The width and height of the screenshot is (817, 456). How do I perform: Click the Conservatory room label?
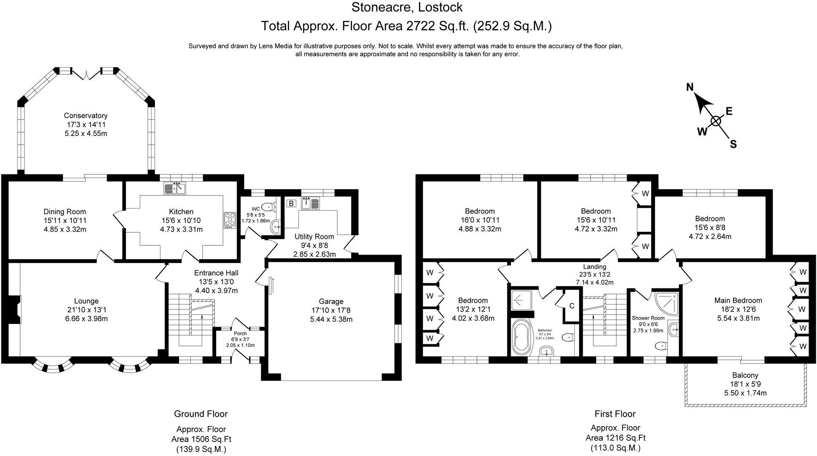click(x=86, y=116)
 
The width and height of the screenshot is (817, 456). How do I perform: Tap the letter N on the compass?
click(x=690, y=87)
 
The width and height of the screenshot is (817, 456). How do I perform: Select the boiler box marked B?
click(x=291, y=204)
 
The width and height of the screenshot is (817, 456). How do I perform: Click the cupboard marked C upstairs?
click(x=572, y=306)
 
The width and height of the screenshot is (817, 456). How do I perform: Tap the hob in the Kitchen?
click(x=230, y=220)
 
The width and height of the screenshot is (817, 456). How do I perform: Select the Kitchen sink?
click(x=175, y=188)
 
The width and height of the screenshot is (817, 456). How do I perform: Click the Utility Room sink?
click(x=311, y=203)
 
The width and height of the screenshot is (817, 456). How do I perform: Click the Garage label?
click(x=331, y=301)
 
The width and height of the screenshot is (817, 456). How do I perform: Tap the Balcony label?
click(x=745, y=375)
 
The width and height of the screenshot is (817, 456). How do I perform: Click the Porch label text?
click(x=240, y=334)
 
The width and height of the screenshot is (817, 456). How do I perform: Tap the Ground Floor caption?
click(x=201, y=414)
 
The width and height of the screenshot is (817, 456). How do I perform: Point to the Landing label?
click(x=595, y=267)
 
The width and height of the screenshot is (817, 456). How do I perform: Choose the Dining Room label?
click(x=65, y=212)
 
